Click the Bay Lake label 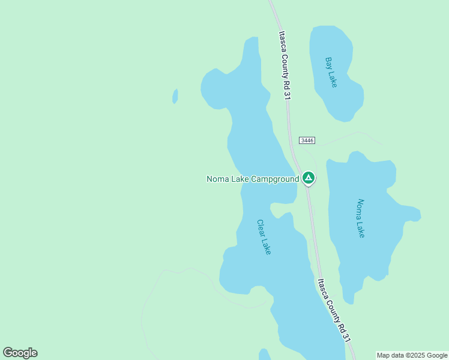click(331, 72)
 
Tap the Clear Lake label click(264, 236)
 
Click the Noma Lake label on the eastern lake click(360, 218)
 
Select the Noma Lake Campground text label click(253, 179)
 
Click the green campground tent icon click(308, 177)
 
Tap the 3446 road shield click(307, 140)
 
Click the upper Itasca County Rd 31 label click(284, 65)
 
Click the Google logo click(20, 353)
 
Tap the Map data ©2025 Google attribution click(412, 355)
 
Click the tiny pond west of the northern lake click(175, 96)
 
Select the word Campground click(274, 179)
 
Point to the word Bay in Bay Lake click(328, 63)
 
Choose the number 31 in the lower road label click(346, 337)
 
